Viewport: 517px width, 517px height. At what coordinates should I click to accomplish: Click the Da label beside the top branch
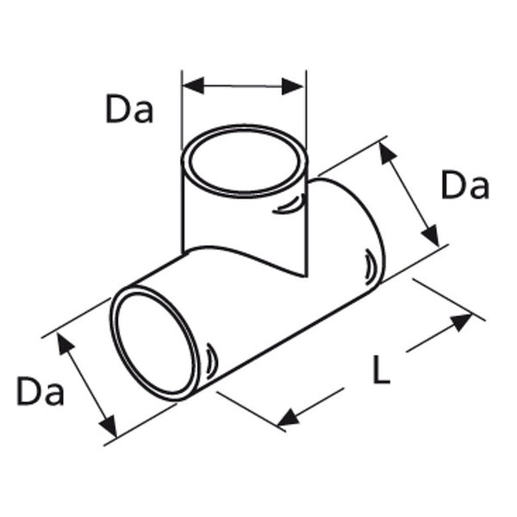pos(129,109)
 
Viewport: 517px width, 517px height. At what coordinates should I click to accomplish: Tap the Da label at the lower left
pos(40,392)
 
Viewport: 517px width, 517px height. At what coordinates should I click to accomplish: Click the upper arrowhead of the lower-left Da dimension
pos(63,342)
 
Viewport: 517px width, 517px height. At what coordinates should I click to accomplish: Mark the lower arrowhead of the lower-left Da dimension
pos(108,427)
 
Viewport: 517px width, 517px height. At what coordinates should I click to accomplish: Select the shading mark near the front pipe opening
pos(211,357)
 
